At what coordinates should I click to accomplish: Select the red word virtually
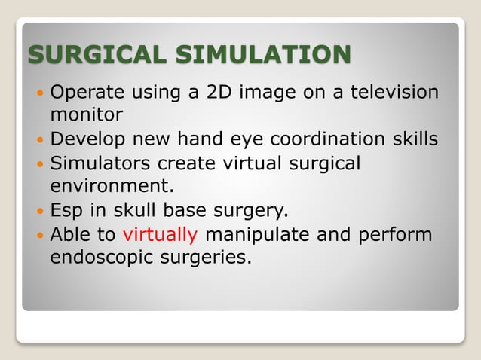pos(161,234)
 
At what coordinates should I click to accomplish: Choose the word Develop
pos(89,139)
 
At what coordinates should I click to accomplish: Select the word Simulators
pos(97,163)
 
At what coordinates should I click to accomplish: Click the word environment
pos(117,185)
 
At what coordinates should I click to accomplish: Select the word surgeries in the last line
pos(212,257)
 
